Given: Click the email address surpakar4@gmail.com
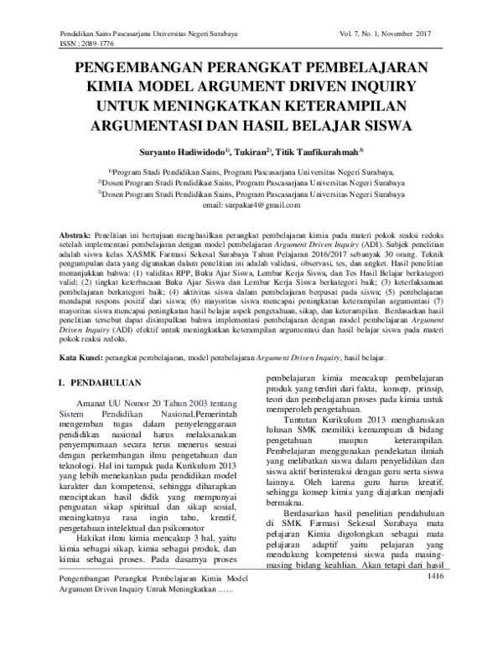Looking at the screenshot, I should pyautogui.click(x=251, y=205).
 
